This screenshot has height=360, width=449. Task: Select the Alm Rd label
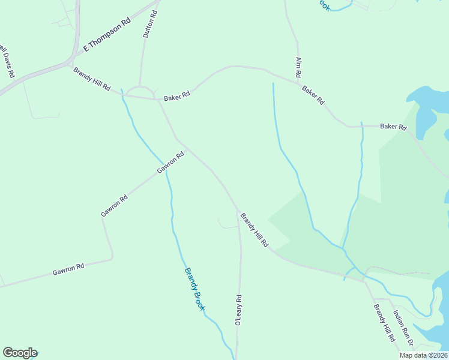pos(298,67)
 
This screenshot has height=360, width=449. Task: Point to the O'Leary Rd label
pos(238,310)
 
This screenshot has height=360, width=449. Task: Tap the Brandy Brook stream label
pos(194,289)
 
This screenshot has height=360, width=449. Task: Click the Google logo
pos(20,353)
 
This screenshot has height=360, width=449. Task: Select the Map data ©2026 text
pos(423,355)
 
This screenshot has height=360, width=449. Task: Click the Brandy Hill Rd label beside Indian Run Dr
pos(384,323)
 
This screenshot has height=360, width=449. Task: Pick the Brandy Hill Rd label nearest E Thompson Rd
pos(92,79)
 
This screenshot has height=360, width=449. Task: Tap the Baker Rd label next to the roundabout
pos(177,95)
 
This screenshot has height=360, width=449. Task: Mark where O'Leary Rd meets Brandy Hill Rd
pos(238,211)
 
